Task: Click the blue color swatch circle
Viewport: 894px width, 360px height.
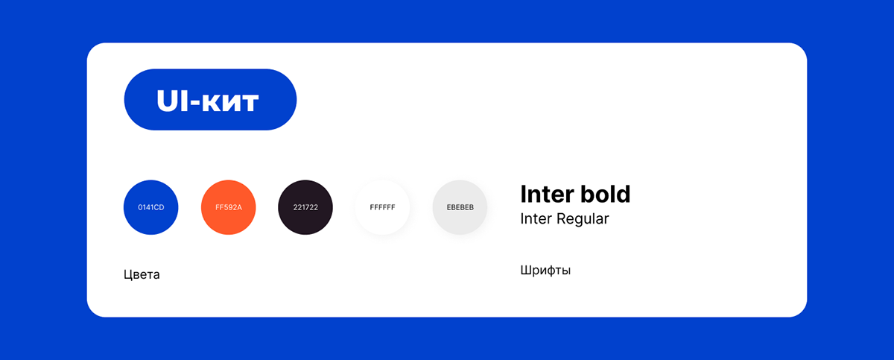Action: pyautogui.click(x=150, y=207)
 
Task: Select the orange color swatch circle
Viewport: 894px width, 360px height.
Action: pyautogui.click(x=228, y=207)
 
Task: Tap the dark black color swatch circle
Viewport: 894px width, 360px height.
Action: pyautogui.click(x=305, y=207)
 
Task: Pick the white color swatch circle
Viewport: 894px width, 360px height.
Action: pyautogui.click(x=382, y=207)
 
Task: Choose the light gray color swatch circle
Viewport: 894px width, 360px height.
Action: pyautogui.click(x=460, y=207)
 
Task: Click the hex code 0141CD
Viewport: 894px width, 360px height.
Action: pyautogui.click(x=150, y=207)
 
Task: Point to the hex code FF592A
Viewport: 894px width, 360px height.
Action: pyautogui.click(x=229, y=207)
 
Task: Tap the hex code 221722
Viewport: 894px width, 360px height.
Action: pyautogui.click(x=305, y=207)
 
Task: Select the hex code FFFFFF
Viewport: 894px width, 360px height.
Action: pyautogui.click(x=382, y=207)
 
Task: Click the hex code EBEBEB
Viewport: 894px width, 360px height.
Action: pyautogui.click(x=460, y=207)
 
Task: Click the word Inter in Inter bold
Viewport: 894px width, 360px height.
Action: pyautogui.click(x=547, y=194)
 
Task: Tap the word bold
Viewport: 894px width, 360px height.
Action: pyautogui.click(x=606, y=194)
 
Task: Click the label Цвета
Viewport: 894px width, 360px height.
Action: pyautogui.click(x=142, y=274)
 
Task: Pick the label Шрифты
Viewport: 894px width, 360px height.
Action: pyautogui.click(x=545, y=271)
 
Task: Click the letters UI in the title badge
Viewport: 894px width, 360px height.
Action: pyautogui.click(x=172, y=101)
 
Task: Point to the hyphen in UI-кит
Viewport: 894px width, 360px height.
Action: pyautogui.click(x=194, y=103)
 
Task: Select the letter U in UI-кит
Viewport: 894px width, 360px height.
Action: pyautogui.click(x=167, y=101)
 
